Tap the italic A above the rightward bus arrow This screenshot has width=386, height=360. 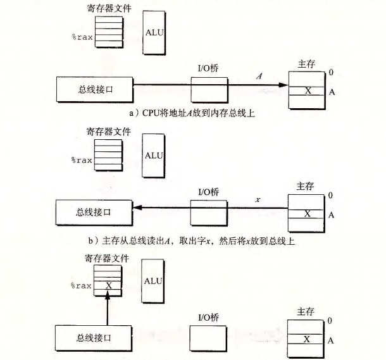pos(259,76)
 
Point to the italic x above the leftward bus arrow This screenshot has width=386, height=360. pos(258,200)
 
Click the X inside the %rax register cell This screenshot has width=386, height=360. pos(108,285)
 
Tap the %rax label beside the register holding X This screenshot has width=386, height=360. pos(81,286)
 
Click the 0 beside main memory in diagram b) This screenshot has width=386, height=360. pos(330,196)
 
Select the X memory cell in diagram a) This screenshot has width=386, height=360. pos(308,90)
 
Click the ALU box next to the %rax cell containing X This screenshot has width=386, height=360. pos(153,282)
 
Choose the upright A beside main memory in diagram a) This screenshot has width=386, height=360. pos(331,92)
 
